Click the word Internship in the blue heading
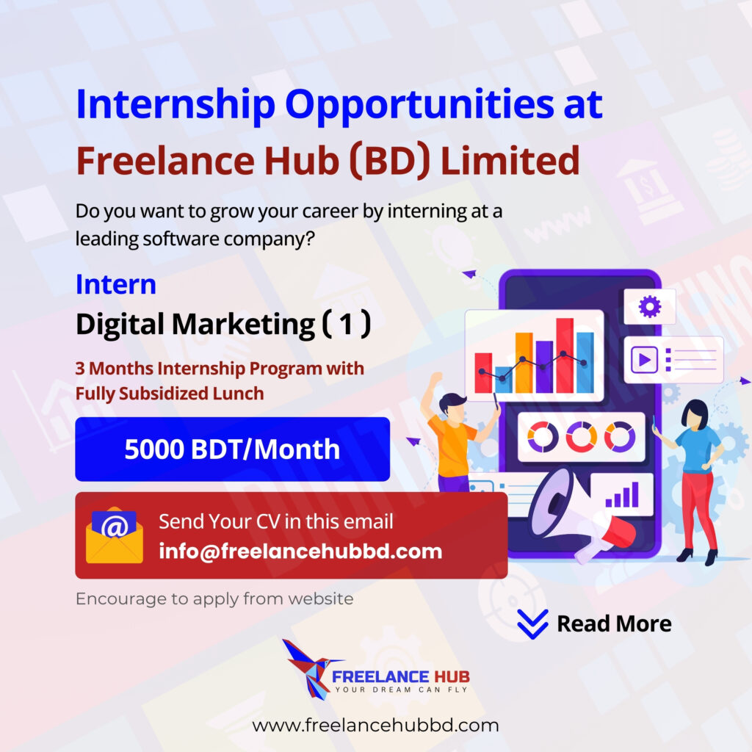(176, 105)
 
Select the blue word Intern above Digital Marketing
(116, 284)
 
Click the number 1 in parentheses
(347, 324)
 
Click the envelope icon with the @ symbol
(114, 535)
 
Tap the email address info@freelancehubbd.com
(300, 552)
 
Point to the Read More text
(614, 623)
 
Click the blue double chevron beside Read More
(532, 624)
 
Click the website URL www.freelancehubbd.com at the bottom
(375, 725)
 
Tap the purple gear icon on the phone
(650, 307)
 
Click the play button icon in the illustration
(644, 360)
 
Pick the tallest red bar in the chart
(565, 355)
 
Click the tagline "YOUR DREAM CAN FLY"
(401, 690)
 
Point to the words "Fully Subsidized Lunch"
(170, 394)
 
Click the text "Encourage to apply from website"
(214, 599)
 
